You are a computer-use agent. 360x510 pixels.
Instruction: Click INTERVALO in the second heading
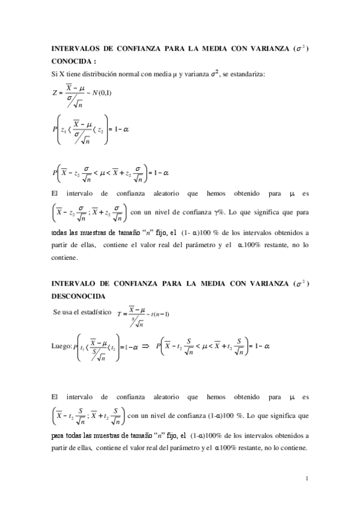[x=75, y=284]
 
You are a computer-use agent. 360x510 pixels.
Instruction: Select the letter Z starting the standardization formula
[x=55, y=93]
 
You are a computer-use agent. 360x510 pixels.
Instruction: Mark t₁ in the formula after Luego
[x=82, y=347]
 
